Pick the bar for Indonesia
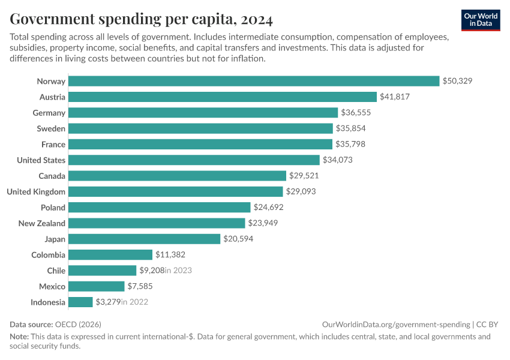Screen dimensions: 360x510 point(80,302)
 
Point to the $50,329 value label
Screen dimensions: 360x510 point(457,81)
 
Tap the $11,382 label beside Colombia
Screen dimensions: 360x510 point(170,254)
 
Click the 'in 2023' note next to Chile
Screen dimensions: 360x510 point(178,271)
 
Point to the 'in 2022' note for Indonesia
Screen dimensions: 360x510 point(134,302)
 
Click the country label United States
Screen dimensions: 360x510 point(41,160)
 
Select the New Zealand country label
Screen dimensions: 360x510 point(42,223)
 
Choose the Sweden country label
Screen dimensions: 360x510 point(50,128)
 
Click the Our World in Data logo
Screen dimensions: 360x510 point(481,19)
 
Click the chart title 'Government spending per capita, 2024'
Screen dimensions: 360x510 point(142,20)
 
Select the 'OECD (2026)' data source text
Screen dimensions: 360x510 point(79,324)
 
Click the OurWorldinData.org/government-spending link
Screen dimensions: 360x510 point(396,324)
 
